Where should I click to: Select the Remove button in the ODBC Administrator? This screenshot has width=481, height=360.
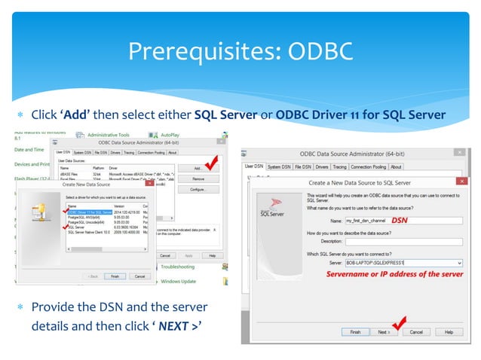pyautogui.click(x=198, y=178)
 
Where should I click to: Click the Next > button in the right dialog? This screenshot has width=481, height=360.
pyautogui.click(x=384, y=332)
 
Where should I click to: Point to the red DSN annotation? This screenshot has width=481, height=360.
pyautogui.click(x=399, y=221)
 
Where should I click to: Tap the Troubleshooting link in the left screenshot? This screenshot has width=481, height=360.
pyautogui.click(x=178, y=267)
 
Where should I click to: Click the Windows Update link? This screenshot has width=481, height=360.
pyautogui.click(x=179, y=282)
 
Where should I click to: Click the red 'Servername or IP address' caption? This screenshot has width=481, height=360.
pyautogui.click(x=394, y=274)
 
